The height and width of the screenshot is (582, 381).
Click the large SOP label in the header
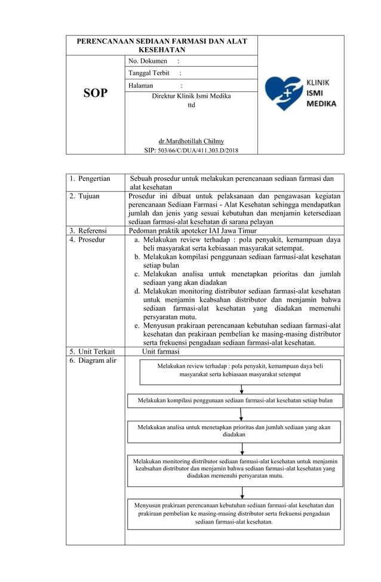click(x=95, y=93)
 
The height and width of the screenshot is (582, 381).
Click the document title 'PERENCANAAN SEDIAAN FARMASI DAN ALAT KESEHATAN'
click(x=162, y=45)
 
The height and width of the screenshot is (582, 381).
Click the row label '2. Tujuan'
click(x=84, y=196)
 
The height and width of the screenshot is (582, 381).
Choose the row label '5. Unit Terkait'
click(x=92, y=352)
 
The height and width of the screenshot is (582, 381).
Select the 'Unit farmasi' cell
click(x=161, y=352)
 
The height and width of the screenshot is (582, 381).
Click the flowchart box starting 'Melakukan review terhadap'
click(x=239, y=371)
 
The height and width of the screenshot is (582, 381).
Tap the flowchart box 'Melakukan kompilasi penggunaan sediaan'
click(x=235, y=401)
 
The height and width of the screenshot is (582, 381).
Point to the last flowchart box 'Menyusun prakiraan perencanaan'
click(x=234, y=513)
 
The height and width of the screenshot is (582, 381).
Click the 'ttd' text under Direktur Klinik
click(x=191, y=105)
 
